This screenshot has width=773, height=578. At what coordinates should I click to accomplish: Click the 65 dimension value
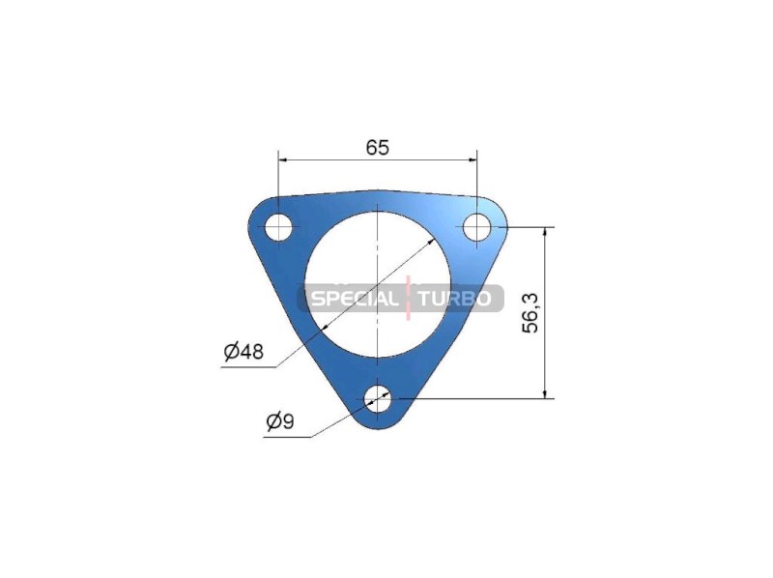378,147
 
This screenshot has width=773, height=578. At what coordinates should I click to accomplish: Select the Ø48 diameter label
243,351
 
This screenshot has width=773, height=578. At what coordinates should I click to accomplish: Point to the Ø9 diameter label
280,421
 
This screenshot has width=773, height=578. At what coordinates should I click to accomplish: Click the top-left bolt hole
278,227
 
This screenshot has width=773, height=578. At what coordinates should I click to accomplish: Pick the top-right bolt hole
476,227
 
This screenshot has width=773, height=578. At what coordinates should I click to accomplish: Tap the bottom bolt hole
377,397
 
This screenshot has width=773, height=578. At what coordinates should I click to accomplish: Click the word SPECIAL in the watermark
354,299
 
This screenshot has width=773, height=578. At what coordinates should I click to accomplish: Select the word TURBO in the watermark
454,299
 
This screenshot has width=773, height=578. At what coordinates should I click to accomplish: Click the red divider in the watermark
408,298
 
